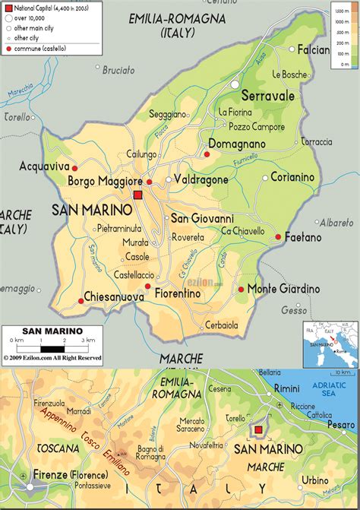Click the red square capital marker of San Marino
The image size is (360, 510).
tap(137, 196)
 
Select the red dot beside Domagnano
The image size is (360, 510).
tap(206, 154)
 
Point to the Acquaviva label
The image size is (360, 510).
tap(44, 166)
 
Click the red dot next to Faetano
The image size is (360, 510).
tap(279, 237)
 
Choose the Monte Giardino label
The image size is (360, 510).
tap(283, 289)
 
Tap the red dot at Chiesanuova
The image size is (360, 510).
tap(81, 301)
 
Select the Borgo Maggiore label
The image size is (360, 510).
tap(105, 182)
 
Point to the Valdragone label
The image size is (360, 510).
tap(201, 180)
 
